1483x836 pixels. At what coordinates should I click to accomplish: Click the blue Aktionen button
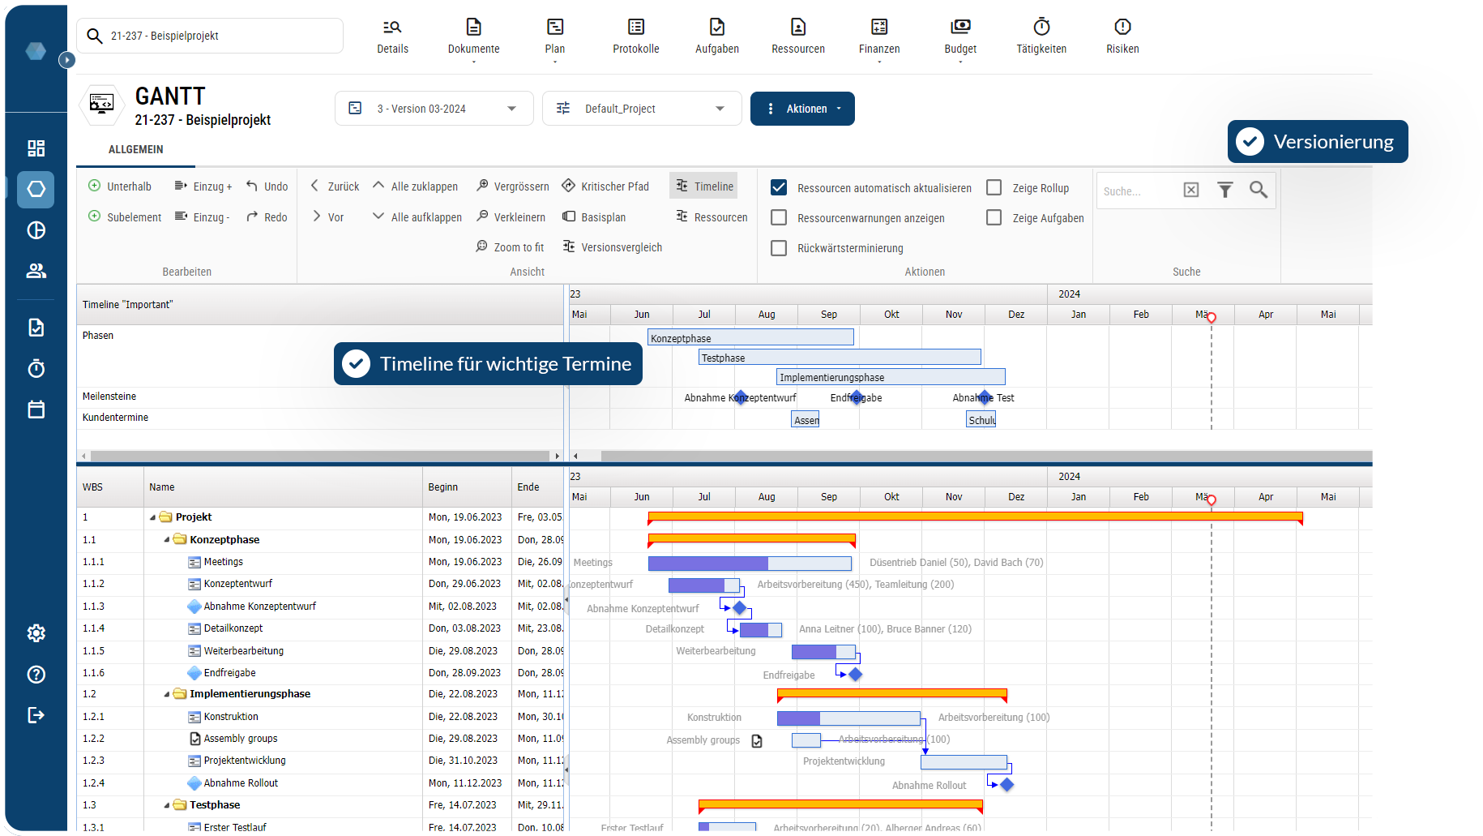point(801,109)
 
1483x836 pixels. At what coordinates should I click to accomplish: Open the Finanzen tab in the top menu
point(879,36)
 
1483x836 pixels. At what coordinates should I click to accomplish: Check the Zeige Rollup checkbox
point(994,187)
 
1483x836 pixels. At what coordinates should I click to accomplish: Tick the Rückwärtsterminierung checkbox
point(779,248)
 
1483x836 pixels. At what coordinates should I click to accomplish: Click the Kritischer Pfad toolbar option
point(605,186)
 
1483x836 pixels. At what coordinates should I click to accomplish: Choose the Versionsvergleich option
point(613,247)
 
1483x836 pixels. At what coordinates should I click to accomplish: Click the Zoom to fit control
point(510,247)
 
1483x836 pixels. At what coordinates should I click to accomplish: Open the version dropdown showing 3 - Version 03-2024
point(434,109)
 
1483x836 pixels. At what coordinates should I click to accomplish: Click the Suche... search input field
point(1135,191)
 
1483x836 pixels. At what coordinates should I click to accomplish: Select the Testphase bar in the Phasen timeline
point(839,358)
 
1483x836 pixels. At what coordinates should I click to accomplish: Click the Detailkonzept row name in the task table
point(233,628)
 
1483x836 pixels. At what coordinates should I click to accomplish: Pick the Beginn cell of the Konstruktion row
point(464,717)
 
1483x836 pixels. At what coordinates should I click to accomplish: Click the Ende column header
point(528,487)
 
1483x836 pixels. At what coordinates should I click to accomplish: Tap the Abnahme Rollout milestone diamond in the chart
point(1007,785)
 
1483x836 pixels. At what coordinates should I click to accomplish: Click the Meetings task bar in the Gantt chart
point(750,563)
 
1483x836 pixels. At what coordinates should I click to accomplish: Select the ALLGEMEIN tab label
point(136,150)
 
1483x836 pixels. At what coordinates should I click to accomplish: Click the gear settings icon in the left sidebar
point(36,633)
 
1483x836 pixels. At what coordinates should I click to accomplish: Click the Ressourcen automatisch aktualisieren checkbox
point(779,187)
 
